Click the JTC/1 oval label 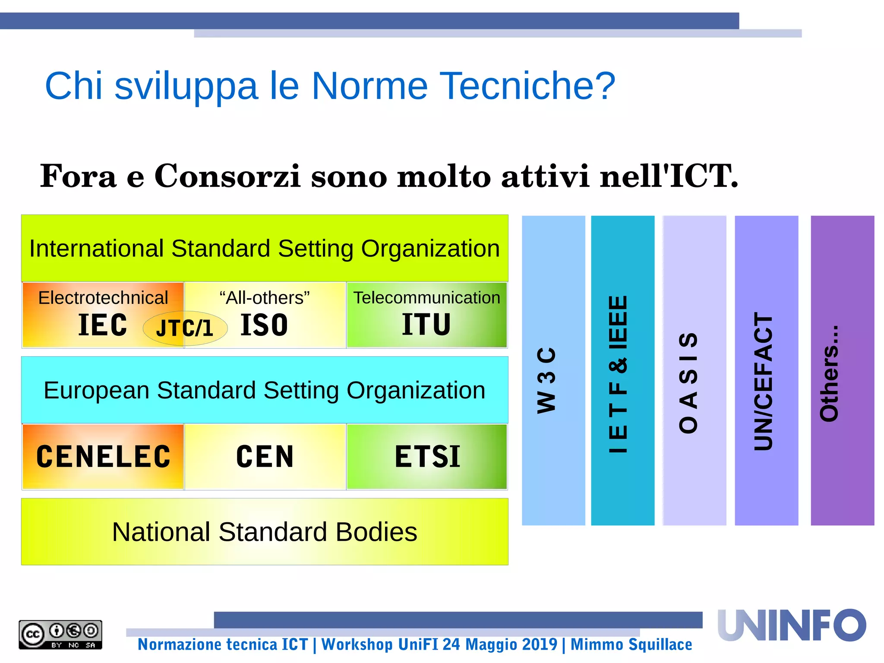(x=185, y=328)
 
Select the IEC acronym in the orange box (x=103, y=325)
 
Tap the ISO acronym (x=264, y=325)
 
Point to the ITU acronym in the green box (x=426, y=325)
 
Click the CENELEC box (x=103, y=457)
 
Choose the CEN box (x=265, y=457)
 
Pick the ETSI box (x=427, y=457)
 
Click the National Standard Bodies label (x=265, y=532)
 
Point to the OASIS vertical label (x=688, y=382)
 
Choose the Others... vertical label (x=829, y=374)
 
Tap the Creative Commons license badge (x=60, y=635)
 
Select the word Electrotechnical (x=103, y=298)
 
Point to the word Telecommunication (x=426, y=298)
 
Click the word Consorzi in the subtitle (x=227, y=176)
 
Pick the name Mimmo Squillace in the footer (x=631, y=644)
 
